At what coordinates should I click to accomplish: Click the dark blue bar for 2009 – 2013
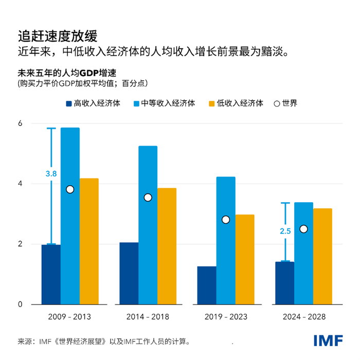tap(51, 275)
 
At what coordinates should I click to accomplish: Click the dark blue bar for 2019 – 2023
tap(207, 285)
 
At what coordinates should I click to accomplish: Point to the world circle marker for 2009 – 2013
tap(70, 189)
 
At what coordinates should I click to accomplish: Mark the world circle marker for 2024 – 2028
tap(303, 229)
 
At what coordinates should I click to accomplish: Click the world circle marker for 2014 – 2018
tap(148, 197)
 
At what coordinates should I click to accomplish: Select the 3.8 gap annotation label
tap(51, 174)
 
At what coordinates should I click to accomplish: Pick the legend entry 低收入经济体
tap(240, 103)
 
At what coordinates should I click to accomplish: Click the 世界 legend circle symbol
tap(277, 103)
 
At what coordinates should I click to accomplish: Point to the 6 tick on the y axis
tap(20, 123)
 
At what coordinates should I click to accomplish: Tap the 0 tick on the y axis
tap(20, 304)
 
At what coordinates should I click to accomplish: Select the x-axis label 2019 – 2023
tap(226, 317)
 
